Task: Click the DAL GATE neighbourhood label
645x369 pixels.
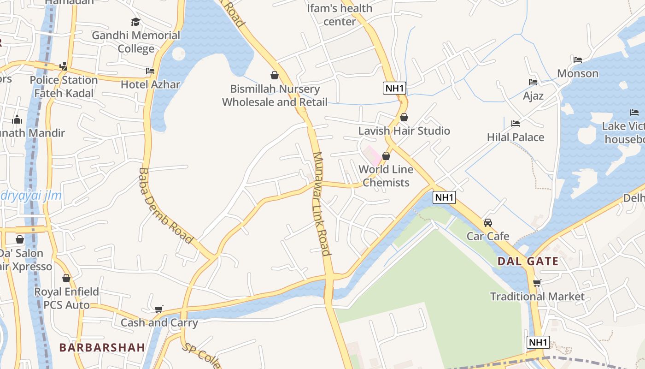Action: coord(528,262)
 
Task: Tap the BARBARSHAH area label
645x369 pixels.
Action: coord(102,347)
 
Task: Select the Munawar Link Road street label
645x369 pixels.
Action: coord(322,203)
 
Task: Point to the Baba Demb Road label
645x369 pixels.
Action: coord(165,206)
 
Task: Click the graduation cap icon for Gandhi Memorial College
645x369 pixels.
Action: coord(135,22)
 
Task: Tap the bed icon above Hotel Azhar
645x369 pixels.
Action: coord(150,71)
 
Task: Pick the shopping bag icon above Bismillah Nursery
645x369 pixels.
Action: coord(275,75)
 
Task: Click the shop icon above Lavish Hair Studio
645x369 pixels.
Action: coord(404,117)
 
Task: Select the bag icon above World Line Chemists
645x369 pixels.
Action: coord(386,156)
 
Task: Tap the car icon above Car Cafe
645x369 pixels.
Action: coord(488,223)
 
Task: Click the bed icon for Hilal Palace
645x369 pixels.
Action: coord(516,124)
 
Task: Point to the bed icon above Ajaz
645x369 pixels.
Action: coord(533,82)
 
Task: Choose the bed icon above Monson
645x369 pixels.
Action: coord(578,60)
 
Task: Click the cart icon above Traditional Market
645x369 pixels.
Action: coord(537,283)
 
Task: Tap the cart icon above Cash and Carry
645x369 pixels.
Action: coord(159,309)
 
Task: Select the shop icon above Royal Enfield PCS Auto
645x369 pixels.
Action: coord(66,278)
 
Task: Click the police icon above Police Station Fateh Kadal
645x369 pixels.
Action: coord(64,66)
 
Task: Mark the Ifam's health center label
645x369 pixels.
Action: coord(340,15)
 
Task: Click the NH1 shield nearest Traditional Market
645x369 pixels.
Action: coord(538,342)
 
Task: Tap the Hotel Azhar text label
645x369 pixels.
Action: coord(150,84)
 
